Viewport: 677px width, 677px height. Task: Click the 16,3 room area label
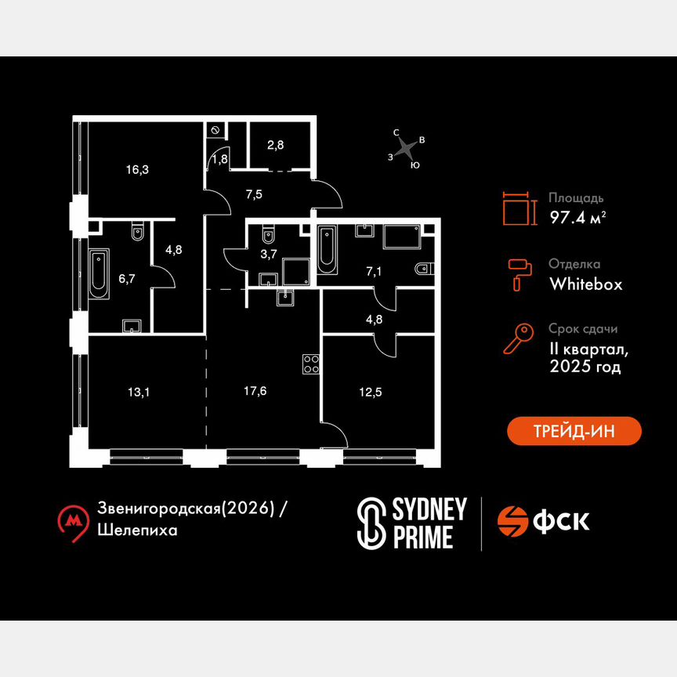137,170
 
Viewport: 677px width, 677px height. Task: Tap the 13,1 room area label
139,392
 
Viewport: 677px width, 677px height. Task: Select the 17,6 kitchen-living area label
255,391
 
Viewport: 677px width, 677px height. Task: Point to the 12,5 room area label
371,392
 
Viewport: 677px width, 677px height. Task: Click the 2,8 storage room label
276,145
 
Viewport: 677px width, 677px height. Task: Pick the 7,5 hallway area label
254,195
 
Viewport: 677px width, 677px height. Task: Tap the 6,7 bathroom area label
127,279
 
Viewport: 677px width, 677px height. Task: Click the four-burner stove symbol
311,364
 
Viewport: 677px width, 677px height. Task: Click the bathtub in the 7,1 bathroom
328,250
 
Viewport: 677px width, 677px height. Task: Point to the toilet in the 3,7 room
268,234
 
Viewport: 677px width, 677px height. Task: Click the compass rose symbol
406,149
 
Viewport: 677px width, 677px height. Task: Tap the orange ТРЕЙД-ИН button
574,431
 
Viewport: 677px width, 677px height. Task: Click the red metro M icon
74,522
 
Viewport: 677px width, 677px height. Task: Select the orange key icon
519,339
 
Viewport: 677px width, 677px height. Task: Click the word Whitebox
586,284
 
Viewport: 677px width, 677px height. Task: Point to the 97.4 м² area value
577,217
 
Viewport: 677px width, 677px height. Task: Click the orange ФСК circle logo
512,521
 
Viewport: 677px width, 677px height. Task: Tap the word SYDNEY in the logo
429,509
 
